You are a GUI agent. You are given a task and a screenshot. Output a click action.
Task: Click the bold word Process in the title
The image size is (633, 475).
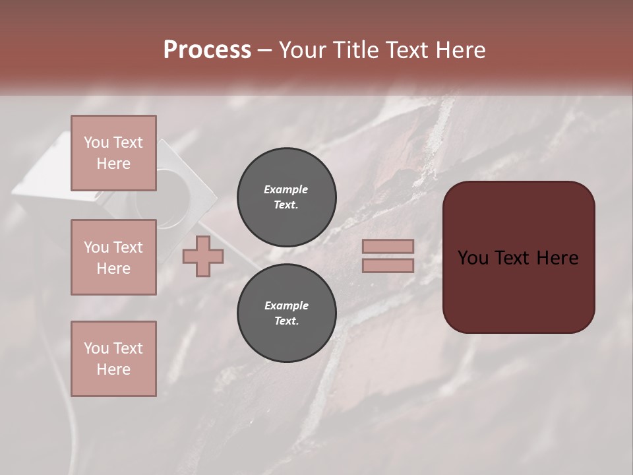(x=207, y=49)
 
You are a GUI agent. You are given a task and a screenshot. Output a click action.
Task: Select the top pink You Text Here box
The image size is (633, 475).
(x=113, y=153)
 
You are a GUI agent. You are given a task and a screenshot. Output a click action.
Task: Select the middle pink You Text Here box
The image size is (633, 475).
(x=113, y=257)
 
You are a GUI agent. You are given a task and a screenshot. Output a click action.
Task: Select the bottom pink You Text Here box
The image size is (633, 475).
(x=113, y=358)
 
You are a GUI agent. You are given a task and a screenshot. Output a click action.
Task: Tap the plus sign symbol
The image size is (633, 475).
(x=203, y=256)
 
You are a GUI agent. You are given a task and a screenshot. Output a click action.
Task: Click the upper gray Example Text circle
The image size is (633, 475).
(x=286, y=197)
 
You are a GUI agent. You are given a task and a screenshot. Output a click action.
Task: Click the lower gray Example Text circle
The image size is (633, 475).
(x=286, y=313)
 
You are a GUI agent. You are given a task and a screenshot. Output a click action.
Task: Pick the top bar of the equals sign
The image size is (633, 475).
(x=388, y=247)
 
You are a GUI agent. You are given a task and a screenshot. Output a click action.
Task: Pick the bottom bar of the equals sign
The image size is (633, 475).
(x=388, y=265)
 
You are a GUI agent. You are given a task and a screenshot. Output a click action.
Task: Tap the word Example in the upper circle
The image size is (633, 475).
(x=286, y=189)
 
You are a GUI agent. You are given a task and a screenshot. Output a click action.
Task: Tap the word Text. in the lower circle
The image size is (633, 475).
(x=286, y=321)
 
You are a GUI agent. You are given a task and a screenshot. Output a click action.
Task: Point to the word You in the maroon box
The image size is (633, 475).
(x=472, y=258)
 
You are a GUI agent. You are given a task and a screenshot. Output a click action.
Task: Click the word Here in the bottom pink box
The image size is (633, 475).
(x=113, y=369)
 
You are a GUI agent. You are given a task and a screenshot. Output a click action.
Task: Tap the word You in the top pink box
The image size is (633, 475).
(x=96, y=142)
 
